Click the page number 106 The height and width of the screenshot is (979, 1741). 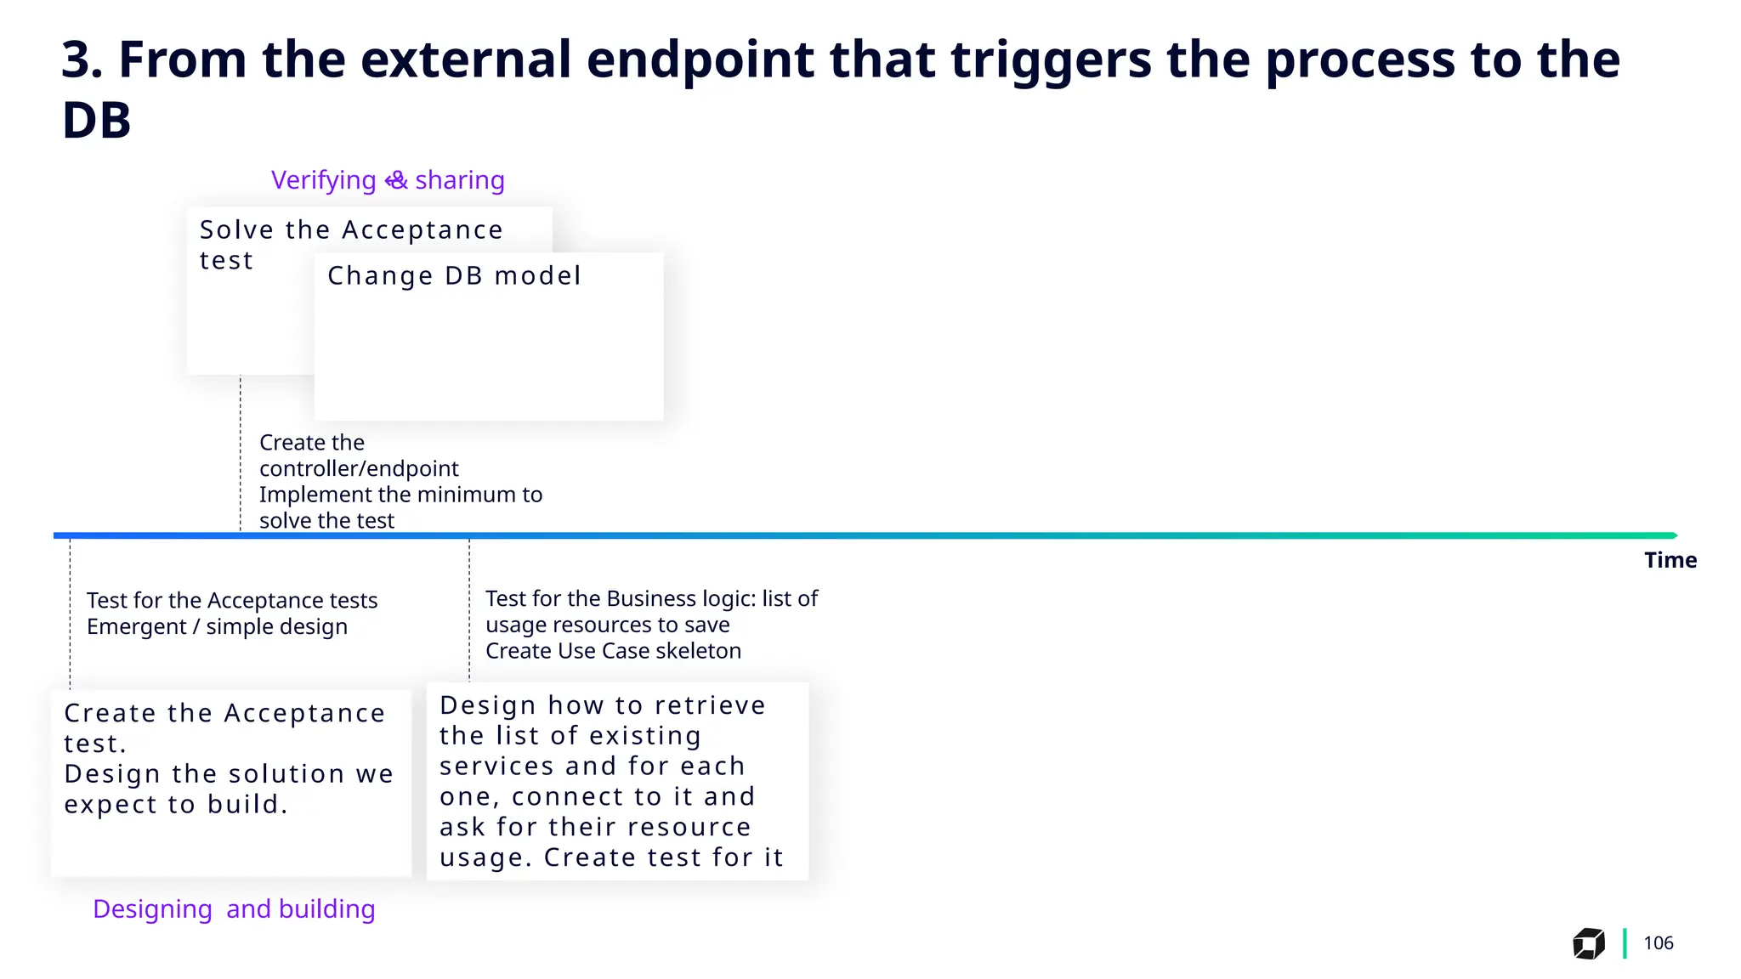[x=1658, y=943]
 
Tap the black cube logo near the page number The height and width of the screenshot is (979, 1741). [x=1588, y=943]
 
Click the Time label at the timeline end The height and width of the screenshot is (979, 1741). [x=1670, y=560]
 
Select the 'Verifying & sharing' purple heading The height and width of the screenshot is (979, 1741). [x=388, y=180]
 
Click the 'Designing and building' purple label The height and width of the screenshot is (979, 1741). [x=234, y=908]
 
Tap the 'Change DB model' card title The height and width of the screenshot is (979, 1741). [x=454, y=275]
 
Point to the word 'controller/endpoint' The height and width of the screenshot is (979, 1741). [x=359, y=468]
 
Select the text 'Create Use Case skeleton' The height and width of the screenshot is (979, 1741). [x=613, y=651]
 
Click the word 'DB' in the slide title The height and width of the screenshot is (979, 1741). [x=96, y=121]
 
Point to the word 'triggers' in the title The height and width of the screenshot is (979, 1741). [x=1051, y=59]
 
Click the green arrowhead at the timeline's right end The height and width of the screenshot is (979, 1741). [x=1672, y=535]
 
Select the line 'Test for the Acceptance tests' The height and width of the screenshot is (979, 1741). [x=232, y=601]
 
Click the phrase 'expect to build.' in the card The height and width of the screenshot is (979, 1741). [x=176, y=804]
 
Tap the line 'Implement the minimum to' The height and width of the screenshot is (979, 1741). [x=400, y=495]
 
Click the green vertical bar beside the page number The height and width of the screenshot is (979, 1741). [x=1625, y=943]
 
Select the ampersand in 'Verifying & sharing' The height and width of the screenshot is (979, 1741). [x=396, y=180]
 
